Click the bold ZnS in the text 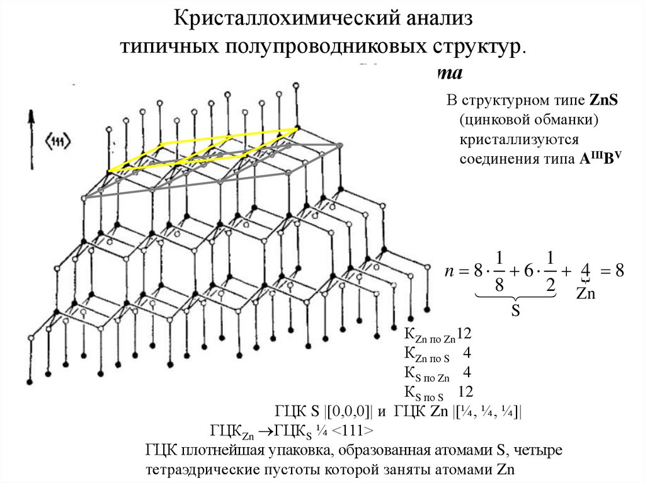pos(603,101)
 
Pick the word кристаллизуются pos(513,139)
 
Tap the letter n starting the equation pos(450,271)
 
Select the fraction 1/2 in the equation pos(550,271)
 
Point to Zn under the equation pos(586,294)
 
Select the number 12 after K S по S pos(465,392)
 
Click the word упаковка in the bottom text pos(311,451)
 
